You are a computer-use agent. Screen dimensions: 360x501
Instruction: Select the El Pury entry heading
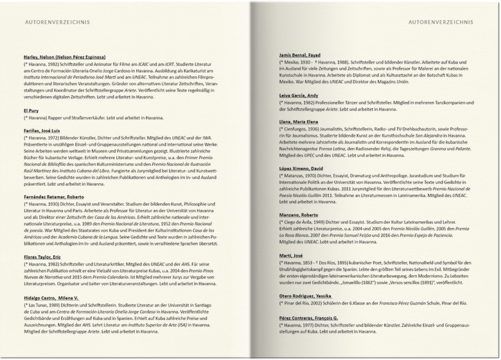click(x=31, y=111)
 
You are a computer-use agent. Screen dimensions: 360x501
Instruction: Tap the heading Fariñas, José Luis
click(x=46, y=130)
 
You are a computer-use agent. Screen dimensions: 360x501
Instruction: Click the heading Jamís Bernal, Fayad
click(x=300, y=55)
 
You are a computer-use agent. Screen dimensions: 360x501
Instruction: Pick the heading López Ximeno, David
click(x=301, y=168)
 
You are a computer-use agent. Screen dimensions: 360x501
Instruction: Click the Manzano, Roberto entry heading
click(x=299, y=215)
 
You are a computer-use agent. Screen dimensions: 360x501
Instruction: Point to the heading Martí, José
click(x=291, y=255)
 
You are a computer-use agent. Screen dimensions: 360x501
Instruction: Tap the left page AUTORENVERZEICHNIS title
click(x=57, y=22)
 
